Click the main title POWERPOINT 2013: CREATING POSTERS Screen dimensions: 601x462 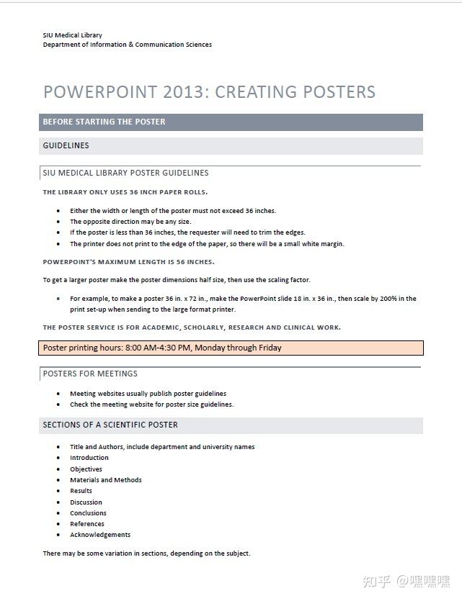point(209,92)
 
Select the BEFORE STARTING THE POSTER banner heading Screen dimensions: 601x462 point(104,122)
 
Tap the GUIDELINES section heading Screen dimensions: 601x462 point(66,145)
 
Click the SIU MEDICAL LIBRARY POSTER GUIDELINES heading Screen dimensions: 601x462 point(125,173)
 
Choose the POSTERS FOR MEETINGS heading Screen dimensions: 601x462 point(90,374)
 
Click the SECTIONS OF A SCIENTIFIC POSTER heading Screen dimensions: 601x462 point(110,425)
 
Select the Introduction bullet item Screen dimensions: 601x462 point(89,458)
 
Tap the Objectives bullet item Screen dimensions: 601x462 point(86,469)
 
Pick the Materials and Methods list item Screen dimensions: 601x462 point(106,480)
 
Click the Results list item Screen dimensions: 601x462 point(81,491)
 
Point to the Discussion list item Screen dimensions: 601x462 point(86,502)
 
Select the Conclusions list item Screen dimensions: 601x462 point(88,513)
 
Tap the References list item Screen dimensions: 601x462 point(87,524)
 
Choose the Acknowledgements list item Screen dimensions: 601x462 point(100,535)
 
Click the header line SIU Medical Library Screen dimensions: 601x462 point(72,35)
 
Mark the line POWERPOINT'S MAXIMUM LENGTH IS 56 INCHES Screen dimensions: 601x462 point(128,262)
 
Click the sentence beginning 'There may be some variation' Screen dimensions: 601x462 point(146,553)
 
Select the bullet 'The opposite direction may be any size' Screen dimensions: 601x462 point(130,222)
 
